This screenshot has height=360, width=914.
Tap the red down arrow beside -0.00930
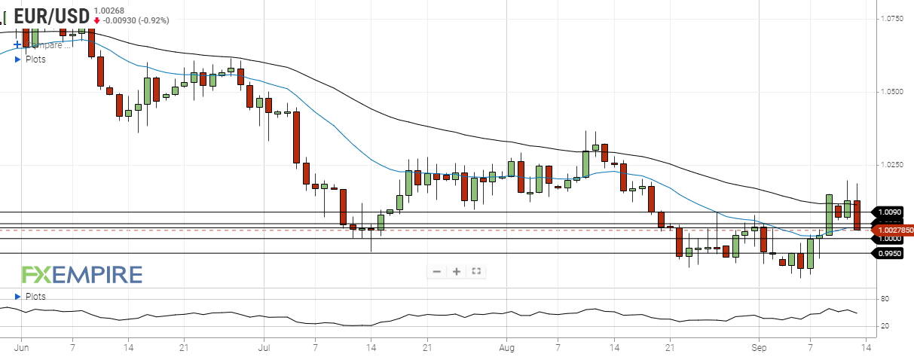tap(97, 20)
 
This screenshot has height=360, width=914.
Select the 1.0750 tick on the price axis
tap(894, 18)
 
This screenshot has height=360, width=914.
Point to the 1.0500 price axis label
tap(894, 92)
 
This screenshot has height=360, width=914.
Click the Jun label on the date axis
tap(21, 348)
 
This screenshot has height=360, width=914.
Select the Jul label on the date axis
tap(264, 348)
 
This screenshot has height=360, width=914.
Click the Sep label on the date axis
tap(760, 348)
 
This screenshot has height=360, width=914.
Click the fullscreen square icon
tap(476, 271)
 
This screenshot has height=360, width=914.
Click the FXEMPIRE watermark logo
tap(81, 274)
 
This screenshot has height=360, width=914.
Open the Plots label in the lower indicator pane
tap(35, 297)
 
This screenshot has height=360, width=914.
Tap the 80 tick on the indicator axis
tap(884, 300)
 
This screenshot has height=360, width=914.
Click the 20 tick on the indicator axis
tap(884, 326)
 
